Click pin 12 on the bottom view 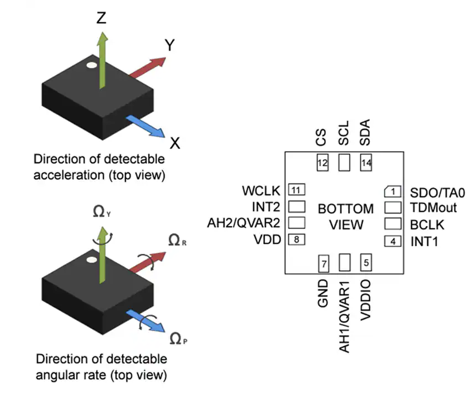[323, 163]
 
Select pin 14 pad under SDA [365, 163]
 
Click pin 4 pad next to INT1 [392, 241]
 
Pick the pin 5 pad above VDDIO [365, 262]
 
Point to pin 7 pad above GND [323, 262]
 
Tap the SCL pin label [344, 134]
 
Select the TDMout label [433, 208]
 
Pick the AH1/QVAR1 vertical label [344, 316]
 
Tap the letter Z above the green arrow [101, 19]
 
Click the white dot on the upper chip [91, 66]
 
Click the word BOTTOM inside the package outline [345, 209]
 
